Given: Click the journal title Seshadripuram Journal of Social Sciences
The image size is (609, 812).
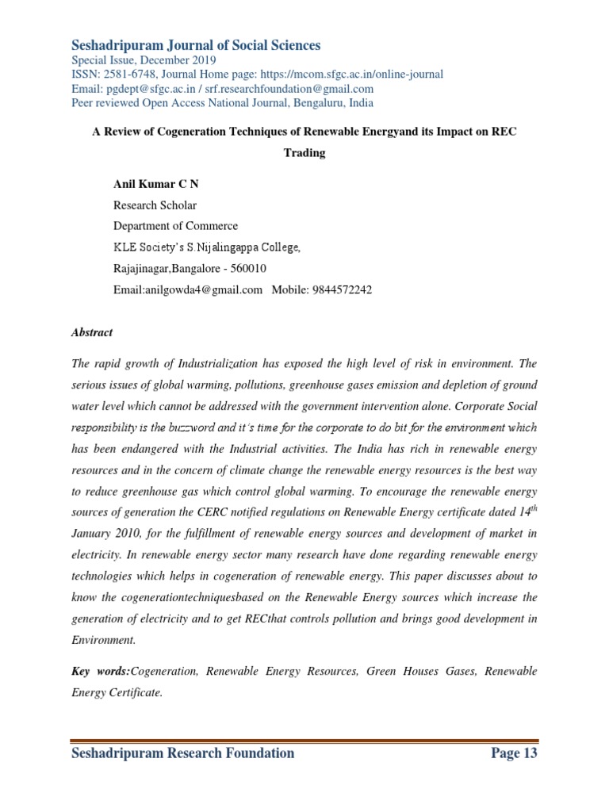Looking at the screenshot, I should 196,45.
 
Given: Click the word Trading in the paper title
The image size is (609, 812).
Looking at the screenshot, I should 304,153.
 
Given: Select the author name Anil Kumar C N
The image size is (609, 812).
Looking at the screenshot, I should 156,184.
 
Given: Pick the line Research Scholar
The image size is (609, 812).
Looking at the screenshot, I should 155,205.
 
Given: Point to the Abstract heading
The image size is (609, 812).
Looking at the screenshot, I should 92,333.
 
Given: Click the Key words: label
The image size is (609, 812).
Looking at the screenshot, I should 101,672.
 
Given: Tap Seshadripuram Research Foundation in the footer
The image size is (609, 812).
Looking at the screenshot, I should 183,753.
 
